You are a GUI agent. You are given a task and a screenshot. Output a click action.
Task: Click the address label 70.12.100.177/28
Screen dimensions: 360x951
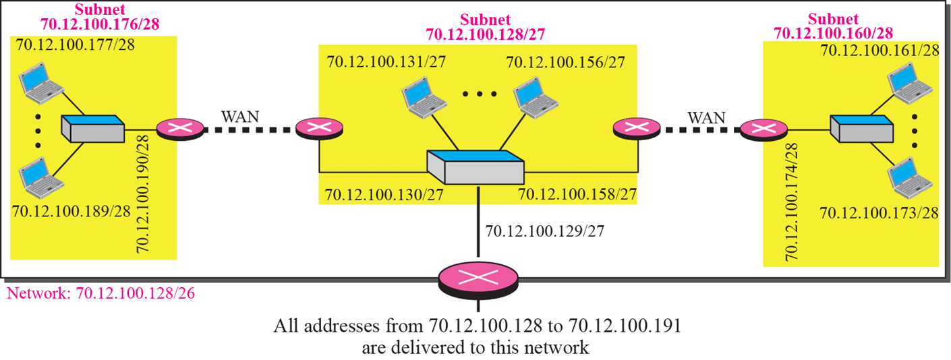[71, 47]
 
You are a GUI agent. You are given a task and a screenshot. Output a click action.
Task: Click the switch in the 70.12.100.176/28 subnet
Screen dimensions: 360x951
[92, 129]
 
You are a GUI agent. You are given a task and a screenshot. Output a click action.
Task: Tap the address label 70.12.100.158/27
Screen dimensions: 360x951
[577, 196]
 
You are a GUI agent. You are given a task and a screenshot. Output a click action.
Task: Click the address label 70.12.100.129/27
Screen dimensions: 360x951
[544, 231]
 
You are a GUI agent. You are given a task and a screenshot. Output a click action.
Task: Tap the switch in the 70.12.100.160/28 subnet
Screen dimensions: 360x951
[861, 129]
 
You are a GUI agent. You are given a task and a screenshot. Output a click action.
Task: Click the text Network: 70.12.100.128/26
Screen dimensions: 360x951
[100, 294]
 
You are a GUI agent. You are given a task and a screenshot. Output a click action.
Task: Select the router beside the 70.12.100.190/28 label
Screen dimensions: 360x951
[180, 129]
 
